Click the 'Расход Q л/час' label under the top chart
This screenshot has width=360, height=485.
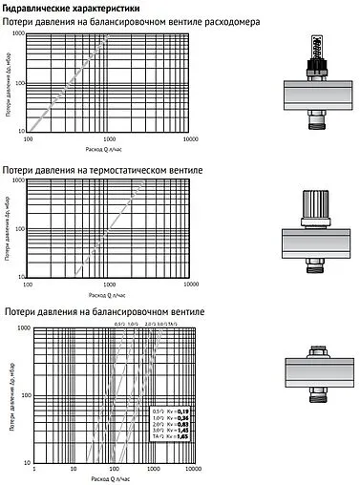pyautogui.click(x=111, y=149)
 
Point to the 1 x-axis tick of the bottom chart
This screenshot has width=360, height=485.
pyautogui.click(x=34, y=469)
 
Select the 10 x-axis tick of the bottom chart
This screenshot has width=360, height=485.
pyautogui.click(x=75, y=469)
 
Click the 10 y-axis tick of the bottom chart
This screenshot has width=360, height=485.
pyautogui.click(x=25, y=461)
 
